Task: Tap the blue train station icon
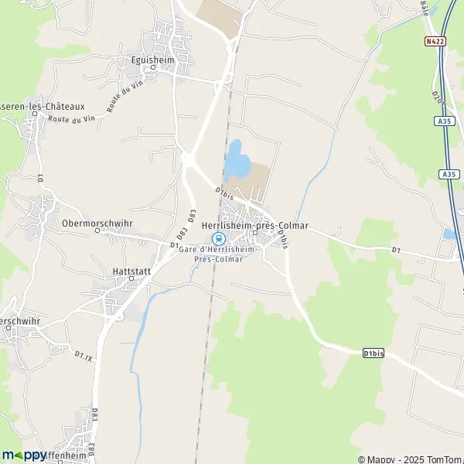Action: [217, 238]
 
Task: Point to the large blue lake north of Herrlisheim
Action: [237, 159]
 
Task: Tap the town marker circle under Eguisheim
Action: [152, 67]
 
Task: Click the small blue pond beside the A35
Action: [449, 233]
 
